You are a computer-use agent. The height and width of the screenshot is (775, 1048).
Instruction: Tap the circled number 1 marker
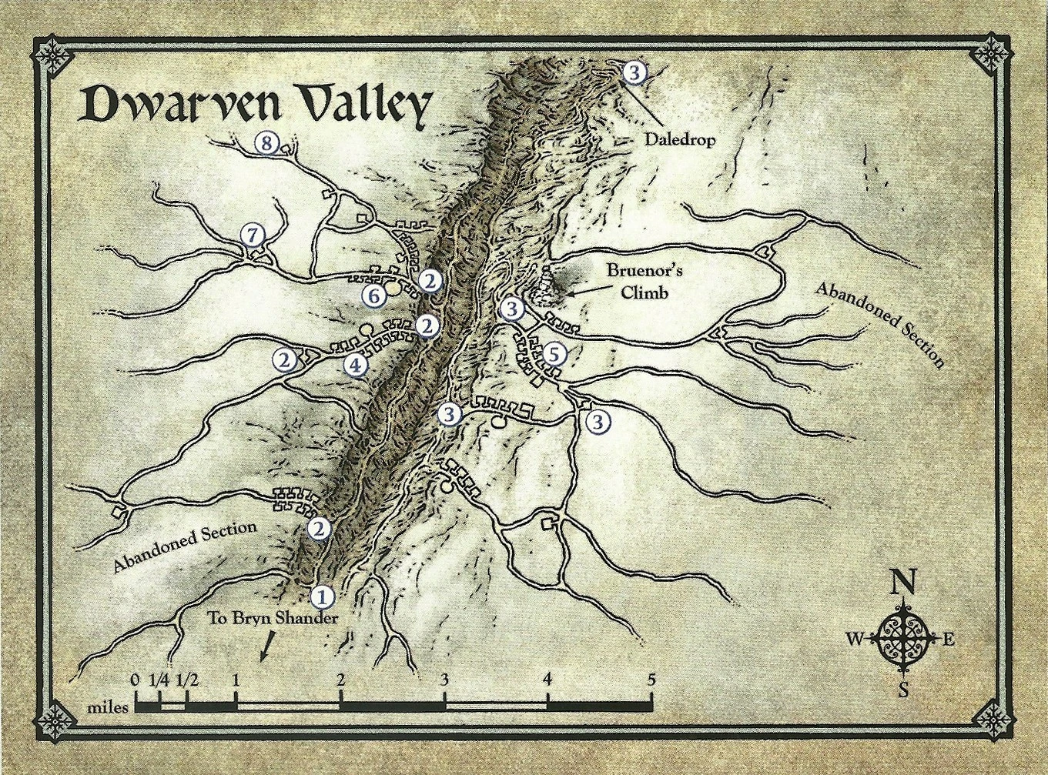click(x=322, y=595)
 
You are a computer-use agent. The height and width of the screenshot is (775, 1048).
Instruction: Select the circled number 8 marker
click(x=266, y=143)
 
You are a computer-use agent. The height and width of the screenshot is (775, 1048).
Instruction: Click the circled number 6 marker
click(x=374, y=295)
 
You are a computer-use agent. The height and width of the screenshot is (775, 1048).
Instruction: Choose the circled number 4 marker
click(x=354, y=365)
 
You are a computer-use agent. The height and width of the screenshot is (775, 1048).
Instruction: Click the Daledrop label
click(x=680, y=140)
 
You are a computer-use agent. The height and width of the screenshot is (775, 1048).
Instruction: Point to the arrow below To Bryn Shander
click(x=266, y=647)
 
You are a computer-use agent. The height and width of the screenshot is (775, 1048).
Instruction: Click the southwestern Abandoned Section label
click(x=185, y=546)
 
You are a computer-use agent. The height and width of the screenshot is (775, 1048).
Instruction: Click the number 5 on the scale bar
click(x=651, y=680)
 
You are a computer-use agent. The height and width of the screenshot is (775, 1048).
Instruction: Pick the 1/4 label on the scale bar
click(x=159, y=680)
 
